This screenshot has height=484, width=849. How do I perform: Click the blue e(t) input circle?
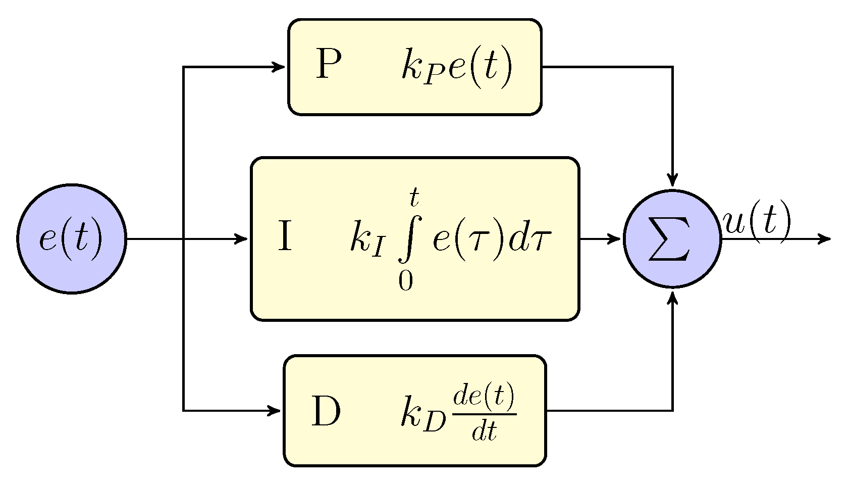72,238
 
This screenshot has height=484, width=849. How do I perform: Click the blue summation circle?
672,238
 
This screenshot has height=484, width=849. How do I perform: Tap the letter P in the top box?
329,65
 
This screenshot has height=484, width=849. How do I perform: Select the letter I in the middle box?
285,237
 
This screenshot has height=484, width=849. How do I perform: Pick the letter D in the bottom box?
326,411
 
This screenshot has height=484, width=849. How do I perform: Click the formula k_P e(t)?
457,67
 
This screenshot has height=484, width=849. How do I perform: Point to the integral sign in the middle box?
409,237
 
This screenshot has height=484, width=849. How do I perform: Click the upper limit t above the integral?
414,197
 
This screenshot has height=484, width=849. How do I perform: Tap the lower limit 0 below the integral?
405,281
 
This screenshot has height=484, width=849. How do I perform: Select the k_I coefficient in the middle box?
368,239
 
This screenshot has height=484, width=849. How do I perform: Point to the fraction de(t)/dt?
484,411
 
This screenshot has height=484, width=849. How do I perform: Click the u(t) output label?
756,222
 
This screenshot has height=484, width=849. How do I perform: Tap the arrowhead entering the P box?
279,67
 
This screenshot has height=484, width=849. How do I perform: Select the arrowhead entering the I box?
241,238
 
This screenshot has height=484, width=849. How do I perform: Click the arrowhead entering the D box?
274,410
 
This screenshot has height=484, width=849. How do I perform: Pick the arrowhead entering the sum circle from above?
672,180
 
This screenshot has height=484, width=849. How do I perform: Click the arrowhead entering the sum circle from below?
672,298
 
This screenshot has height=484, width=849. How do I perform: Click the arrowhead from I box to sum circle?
614,238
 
